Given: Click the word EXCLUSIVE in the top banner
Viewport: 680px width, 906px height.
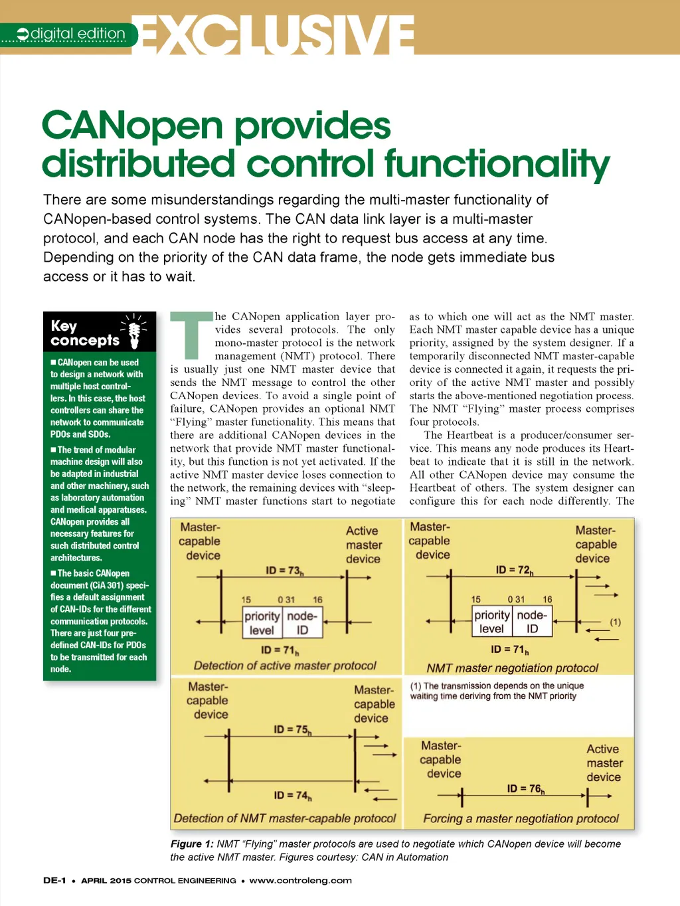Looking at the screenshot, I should point(276,34).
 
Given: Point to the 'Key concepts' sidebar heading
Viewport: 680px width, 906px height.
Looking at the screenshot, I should point(84,333).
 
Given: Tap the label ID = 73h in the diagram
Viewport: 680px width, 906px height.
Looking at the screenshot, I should point(284,571).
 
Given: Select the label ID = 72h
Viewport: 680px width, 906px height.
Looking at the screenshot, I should point(514,570).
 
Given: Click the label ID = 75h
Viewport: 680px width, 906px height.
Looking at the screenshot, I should point(292,729).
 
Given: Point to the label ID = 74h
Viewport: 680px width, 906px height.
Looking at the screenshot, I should point(292,795).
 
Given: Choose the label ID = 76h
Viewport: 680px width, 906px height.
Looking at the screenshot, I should point(525,788).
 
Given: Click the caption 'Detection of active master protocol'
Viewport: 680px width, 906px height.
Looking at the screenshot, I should point(285,666).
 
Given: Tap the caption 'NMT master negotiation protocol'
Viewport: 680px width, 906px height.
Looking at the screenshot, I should point(512,668).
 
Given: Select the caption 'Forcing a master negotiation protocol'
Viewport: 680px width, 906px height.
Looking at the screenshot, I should point(521,818).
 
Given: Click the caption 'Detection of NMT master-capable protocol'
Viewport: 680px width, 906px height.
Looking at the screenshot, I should point(284,818).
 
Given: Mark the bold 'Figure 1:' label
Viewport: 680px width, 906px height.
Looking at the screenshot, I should point(192,844).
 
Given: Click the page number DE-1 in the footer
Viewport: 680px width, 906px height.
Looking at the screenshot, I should point(54,880).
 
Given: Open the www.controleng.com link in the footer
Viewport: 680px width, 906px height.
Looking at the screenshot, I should point(300,880).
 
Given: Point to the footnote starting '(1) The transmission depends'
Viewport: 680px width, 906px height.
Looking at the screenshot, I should point(496,691).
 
